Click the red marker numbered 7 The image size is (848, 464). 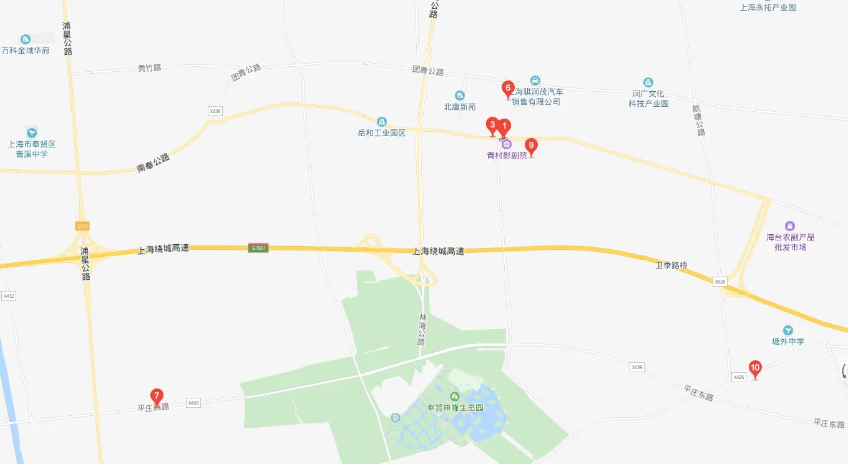157,395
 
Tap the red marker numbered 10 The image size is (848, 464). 755,368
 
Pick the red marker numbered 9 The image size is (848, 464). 531,146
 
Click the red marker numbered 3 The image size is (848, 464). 492,125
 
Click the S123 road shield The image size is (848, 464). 82,225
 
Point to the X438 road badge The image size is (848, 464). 215,111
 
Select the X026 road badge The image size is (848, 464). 720,282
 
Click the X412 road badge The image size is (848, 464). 8,295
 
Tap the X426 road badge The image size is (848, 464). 739,377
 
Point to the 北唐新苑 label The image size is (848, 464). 459,107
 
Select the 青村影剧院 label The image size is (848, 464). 507,155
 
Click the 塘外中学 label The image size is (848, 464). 788,342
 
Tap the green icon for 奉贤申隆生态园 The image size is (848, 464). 454,396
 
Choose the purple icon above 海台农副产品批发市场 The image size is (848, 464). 790,225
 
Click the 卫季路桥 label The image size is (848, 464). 671,265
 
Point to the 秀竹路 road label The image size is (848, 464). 149,67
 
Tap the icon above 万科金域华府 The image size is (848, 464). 25,39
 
